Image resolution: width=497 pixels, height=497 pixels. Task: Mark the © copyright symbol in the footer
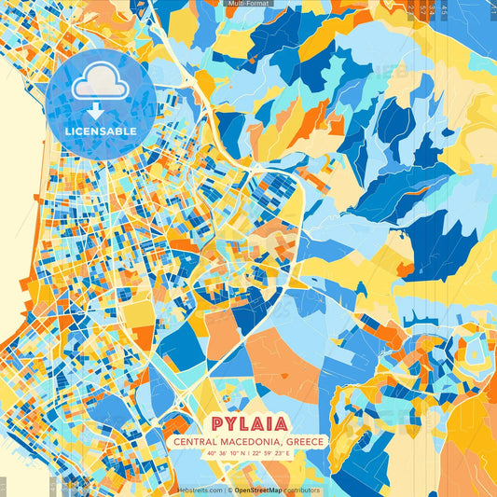pos(229,490)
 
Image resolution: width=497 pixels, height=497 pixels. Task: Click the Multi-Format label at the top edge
pos(248,4)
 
